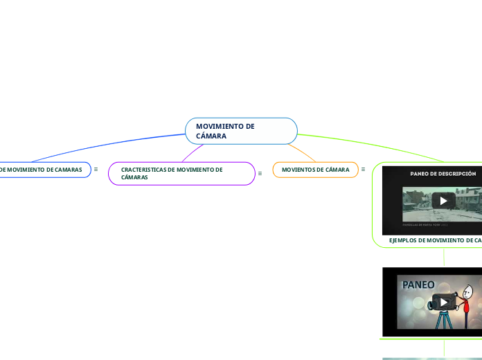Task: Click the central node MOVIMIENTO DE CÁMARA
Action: (241, 131)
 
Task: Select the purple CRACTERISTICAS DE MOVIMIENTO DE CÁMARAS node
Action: (181, 173)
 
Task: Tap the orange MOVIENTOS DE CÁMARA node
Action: (315, 170)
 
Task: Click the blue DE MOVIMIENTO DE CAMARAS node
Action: (42, 170)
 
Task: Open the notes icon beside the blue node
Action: (96, 169)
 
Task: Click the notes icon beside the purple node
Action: (260, 173)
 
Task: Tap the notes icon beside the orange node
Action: (363, 169)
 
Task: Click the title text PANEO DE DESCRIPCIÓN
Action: (443, 173)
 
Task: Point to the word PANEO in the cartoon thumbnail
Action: (418, 285)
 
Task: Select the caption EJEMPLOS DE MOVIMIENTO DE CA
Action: (435, 240)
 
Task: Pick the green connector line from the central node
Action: (374, 146)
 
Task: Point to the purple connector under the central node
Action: (193, 152)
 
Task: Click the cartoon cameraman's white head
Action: (468, 291)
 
